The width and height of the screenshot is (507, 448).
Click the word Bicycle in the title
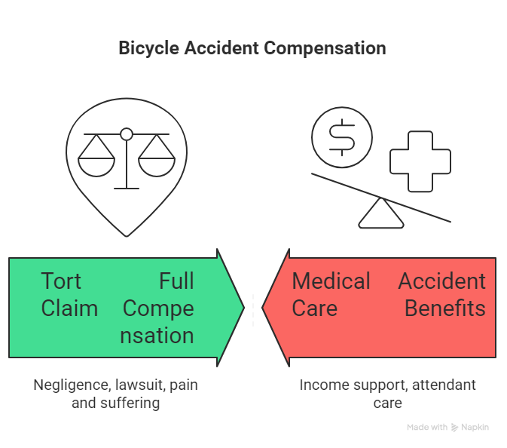pyautogui.click(x=149, y=48)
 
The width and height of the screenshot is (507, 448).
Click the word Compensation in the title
pyautogui.click(x=325, y=48)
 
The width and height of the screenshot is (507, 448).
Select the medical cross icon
pyautogui.click(x=420, y=161)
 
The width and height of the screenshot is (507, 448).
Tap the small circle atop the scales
pyautogui.click(x=127, y=134)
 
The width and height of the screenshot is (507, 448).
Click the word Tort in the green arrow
pyautogui.click(x=61, y=281)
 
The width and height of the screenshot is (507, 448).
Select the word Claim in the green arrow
pyautogui.click(x=69, y=308)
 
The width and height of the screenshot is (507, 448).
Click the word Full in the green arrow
pyautogui.click(x=176, y=281)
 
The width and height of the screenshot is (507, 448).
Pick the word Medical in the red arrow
pyautogui.click(x=331, y=281)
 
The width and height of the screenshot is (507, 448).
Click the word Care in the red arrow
pyautogui.click(x=314, y=308)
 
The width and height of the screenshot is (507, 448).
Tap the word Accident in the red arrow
pyautogui.click(x=441, y=281)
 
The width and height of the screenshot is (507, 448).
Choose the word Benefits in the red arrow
pyautogui.click(x=444, y=308)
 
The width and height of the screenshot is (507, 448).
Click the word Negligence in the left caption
pyautogui.click(x=72, y=385)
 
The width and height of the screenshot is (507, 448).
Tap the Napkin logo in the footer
pyautogui.click(x=472, y=427)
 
